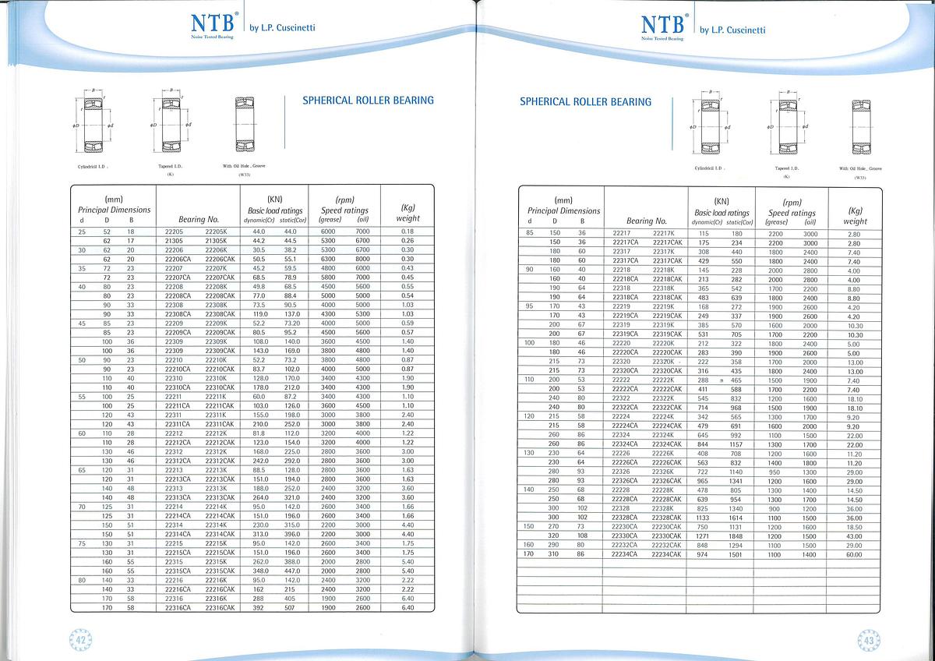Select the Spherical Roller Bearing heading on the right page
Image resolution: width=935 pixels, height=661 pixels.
tap(585, 101)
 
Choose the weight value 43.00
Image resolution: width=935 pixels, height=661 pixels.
tap(854, 536)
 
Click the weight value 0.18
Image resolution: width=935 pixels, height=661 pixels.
tap(407, 232)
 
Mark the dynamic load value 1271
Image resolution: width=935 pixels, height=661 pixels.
tap(704, 536)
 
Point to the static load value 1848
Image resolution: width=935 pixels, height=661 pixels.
tap(736, 536)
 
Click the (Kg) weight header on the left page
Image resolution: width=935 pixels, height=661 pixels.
tap(408, 213)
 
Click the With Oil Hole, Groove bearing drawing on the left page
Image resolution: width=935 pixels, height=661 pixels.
tap(245, 124)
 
